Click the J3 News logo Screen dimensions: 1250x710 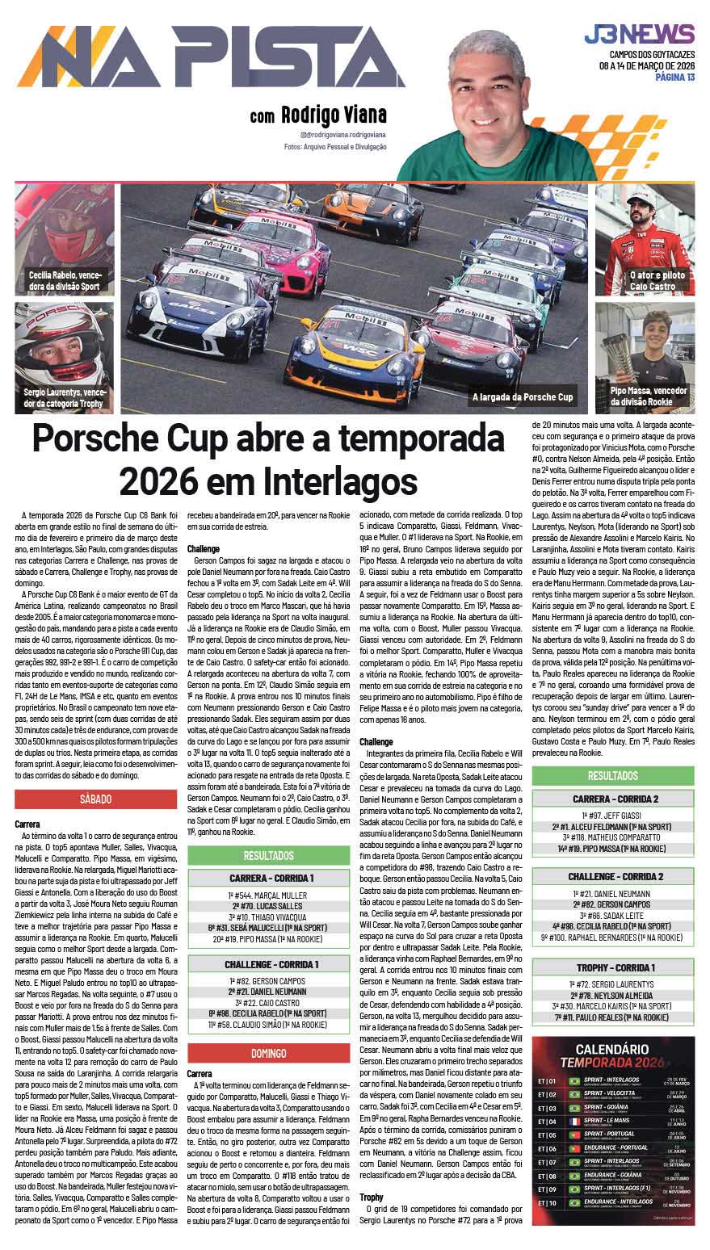pos(639,35)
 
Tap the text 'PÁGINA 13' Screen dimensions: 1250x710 pos(675,77)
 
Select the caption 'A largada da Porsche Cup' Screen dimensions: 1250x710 pos(523,396)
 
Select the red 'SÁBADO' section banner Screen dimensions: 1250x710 pos(95,799)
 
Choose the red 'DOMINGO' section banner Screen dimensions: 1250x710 pos(268,1053)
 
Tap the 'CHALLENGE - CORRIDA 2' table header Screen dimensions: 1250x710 pos(615,876)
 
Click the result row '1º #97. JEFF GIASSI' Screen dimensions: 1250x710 pos(615,816)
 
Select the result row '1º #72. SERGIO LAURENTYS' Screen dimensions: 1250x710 pos(615,985)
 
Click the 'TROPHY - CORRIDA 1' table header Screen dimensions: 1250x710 pos(615,967)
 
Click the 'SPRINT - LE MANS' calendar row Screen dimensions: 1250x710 pos(622,1122)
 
